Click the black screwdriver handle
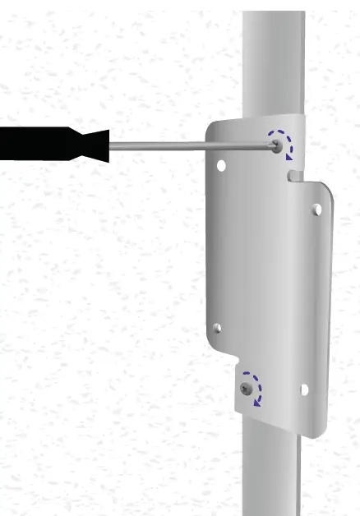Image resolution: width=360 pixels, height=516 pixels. tap(41, 145)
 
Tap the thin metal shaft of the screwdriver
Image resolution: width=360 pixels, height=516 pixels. tap(189, 145)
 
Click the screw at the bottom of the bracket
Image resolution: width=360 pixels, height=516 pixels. tap(246, 387)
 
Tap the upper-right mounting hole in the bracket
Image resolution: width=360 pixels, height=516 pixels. tap(316, 210)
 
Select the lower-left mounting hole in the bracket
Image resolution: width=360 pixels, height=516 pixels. tap(217, 329)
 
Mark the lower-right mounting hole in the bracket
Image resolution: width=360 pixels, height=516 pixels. tap(305, 389)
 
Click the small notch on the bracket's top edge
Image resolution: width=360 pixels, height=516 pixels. tap(292, 175)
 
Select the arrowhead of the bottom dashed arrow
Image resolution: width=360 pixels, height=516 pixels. tap(257, 401)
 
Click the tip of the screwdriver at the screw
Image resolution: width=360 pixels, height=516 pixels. tap(273, 145)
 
